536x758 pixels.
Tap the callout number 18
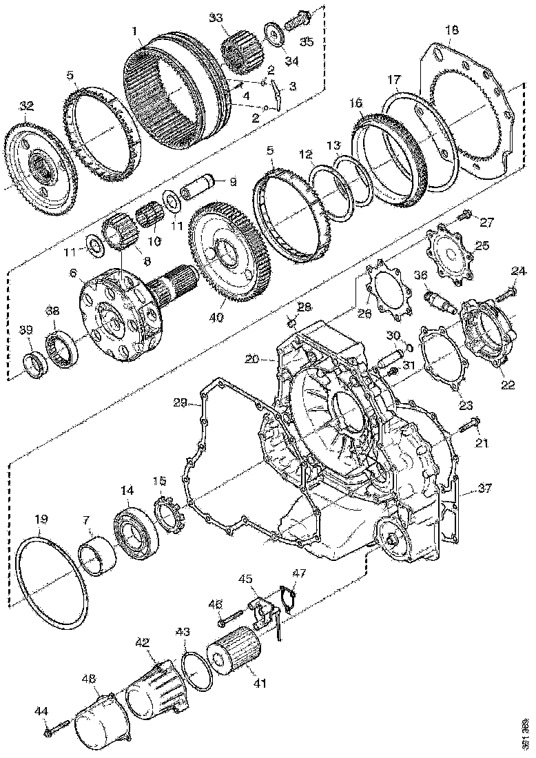452,30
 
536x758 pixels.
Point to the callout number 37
486,489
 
